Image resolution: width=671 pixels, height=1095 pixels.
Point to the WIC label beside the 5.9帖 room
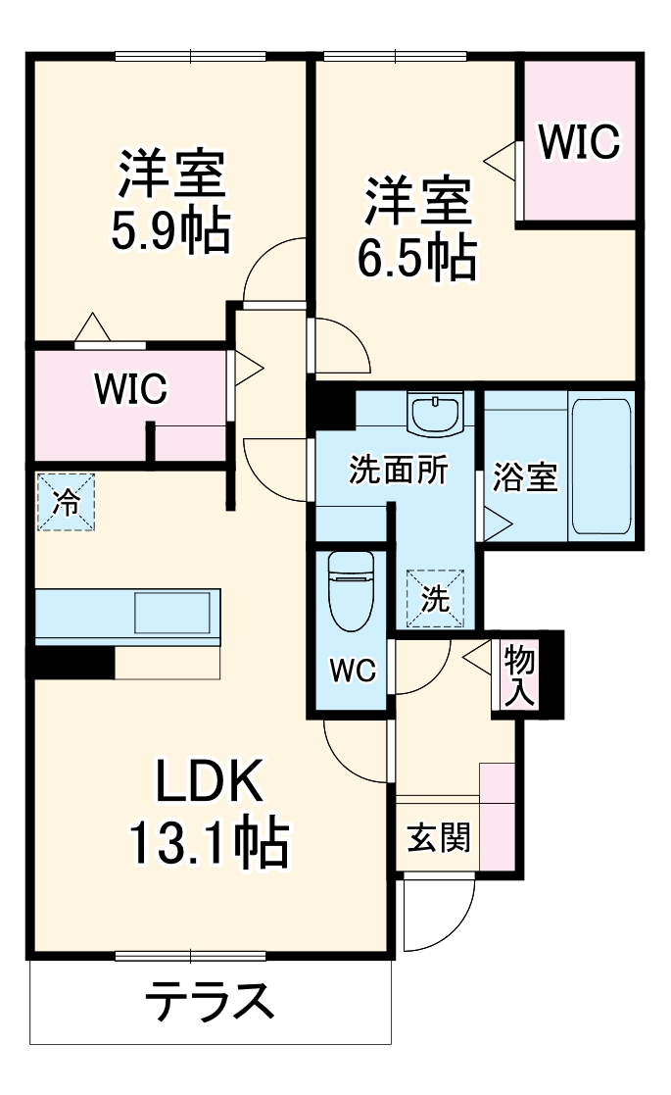click(130, 389)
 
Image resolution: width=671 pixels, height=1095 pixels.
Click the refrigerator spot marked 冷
click(68, 503)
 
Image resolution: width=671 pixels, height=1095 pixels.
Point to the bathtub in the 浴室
click(599, 464)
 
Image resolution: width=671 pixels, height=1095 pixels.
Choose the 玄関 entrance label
click(439, 837)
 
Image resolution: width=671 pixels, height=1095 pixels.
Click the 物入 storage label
click(518, 675)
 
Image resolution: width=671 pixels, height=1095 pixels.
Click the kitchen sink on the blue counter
click(170, 613)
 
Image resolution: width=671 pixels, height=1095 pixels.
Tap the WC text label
click(352, 671)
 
